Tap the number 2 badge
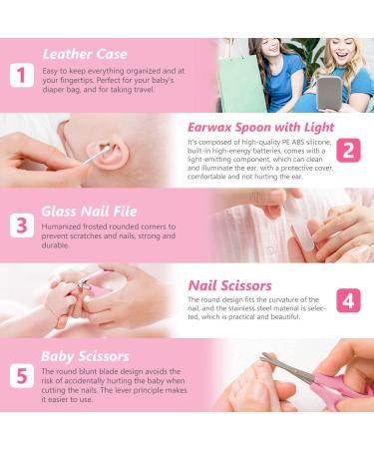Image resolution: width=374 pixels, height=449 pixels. pos(348,150)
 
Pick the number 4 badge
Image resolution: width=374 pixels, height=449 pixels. pos(348,300)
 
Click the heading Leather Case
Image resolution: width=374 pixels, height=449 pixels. pos(85,54)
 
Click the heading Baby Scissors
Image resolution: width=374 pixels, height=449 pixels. pos(85,355)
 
